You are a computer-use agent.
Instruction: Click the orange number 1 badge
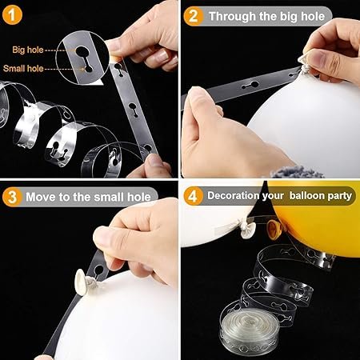pyautogui.click(x=12, y=15)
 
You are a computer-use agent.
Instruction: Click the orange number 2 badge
pyautogui.click(x=194, y=16)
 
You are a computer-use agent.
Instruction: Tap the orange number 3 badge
pyautogui.click(x=12, y=197)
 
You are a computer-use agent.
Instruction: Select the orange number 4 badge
pyautogui.click(x=194, y=196)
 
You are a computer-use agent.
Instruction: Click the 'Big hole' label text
pyautogui.click(x=28, y=50)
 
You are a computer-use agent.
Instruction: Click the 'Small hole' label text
pyautogui.click(x=23, y=69)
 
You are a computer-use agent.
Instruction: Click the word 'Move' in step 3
pyautogui.click(x=41, y=197)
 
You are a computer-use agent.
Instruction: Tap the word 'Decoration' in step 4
pyautogui.click(x=234, y=196)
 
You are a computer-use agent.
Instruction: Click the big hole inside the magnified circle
pyautogui.click(x=82, y=51)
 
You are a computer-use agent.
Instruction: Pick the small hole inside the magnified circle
pyautogui.click(x=89, y=69)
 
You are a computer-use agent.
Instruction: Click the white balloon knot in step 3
pyautogui.click(x=82, y=282)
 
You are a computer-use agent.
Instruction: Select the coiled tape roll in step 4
pyautogui.click(x=250, y=330)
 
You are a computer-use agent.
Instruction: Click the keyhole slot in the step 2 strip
pyautogui.click(x=250, y=86)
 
